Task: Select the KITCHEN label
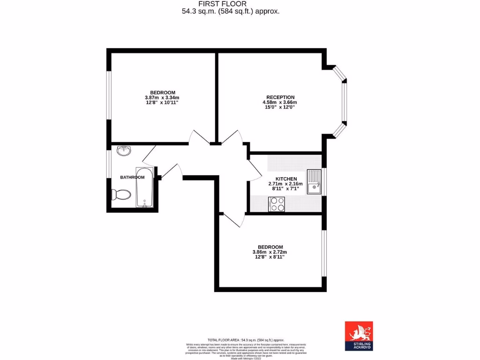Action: coord(285,179)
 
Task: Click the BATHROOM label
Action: coord(132,177)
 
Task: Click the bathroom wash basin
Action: coord(124,151)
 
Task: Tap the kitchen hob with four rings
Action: coord(277,204)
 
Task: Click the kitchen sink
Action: coord(314,182)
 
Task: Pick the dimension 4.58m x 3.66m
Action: coord(280,102)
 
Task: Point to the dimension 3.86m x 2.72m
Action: coord(270,252)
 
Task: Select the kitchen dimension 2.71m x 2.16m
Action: coord(285,184)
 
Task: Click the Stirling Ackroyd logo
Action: coord(359,336)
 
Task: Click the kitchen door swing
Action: coord(255,170)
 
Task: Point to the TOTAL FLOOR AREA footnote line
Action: coord(246,340)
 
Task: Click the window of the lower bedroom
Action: coord(323,253)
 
